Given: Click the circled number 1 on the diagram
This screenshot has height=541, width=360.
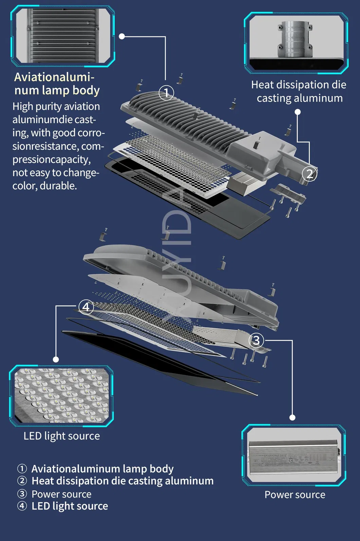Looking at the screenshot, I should click(x=166, y=93).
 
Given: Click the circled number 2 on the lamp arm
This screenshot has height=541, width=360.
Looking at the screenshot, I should click(x=309, y=174).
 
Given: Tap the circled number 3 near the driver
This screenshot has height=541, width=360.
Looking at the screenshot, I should click(x=256, y=340).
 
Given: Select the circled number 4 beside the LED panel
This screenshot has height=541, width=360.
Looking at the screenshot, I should click(x=86, y=307).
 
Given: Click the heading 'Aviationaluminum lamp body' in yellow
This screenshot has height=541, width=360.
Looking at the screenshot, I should click(x=57, y=84).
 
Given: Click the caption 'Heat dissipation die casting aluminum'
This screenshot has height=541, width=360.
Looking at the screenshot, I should click(x=299, y=91).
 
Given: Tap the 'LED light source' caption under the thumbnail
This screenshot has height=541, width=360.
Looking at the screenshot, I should click(x=61, y=436).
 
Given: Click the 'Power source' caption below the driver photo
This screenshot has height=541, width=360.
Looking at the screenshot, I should click(x=295, y=494).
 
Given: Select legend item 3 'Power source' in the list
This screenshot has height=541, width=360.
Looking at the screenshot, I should click(x=61, y=494).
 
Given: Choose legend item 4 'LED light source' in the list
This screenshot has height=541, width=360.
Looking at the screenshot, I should click(x=69, y=506).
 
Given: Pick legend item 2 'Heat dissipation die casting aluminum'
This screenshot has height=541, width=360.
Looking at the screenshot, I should click(x=122, y=481).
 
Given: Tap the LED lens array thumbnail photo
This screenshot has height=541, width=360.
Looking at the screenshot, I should click(x=61, y=396).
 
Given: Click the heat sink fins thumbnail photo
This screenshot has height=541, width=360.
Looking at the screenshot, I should click(x=62, y=36).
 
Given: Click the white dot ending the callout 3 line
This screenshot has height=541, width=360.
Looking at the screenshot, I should click(x=292, y=417).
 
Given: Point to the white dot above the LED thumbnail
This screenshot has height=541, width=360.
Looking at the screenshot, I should click(x=56, y=359).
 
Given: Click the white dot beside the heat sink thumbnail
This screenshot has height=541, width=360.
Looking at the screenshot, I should click(x=122, y=36).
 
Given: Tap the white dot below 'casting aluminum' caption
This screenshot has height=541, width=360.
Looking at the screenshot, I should click(x=298, y=112).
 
